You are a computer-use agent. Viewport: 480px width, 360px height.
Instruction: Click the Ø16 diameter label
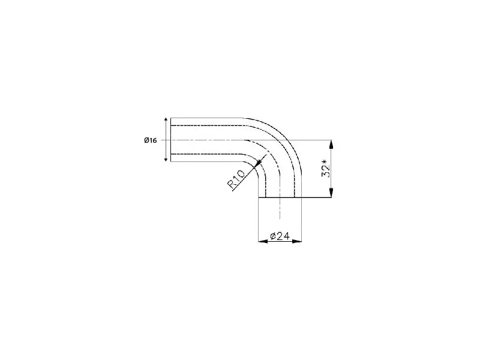pos(151,140)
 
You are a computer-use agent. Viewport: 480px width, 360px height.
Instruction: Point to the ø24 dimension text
pos(280,236)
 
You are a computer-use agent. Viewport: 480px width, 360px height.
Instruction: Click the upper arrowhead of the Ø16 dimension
pos(166,119)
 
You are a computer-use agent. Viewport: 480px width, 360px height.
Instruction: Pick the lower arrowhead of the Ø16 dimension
pos(166,159)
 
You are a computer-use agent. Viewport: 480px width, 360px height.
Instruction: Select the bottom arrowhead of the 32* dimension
pos(331,193)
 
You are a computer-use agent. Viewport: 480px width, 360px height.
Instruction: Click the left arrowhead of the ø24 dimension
pos(263,241)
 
